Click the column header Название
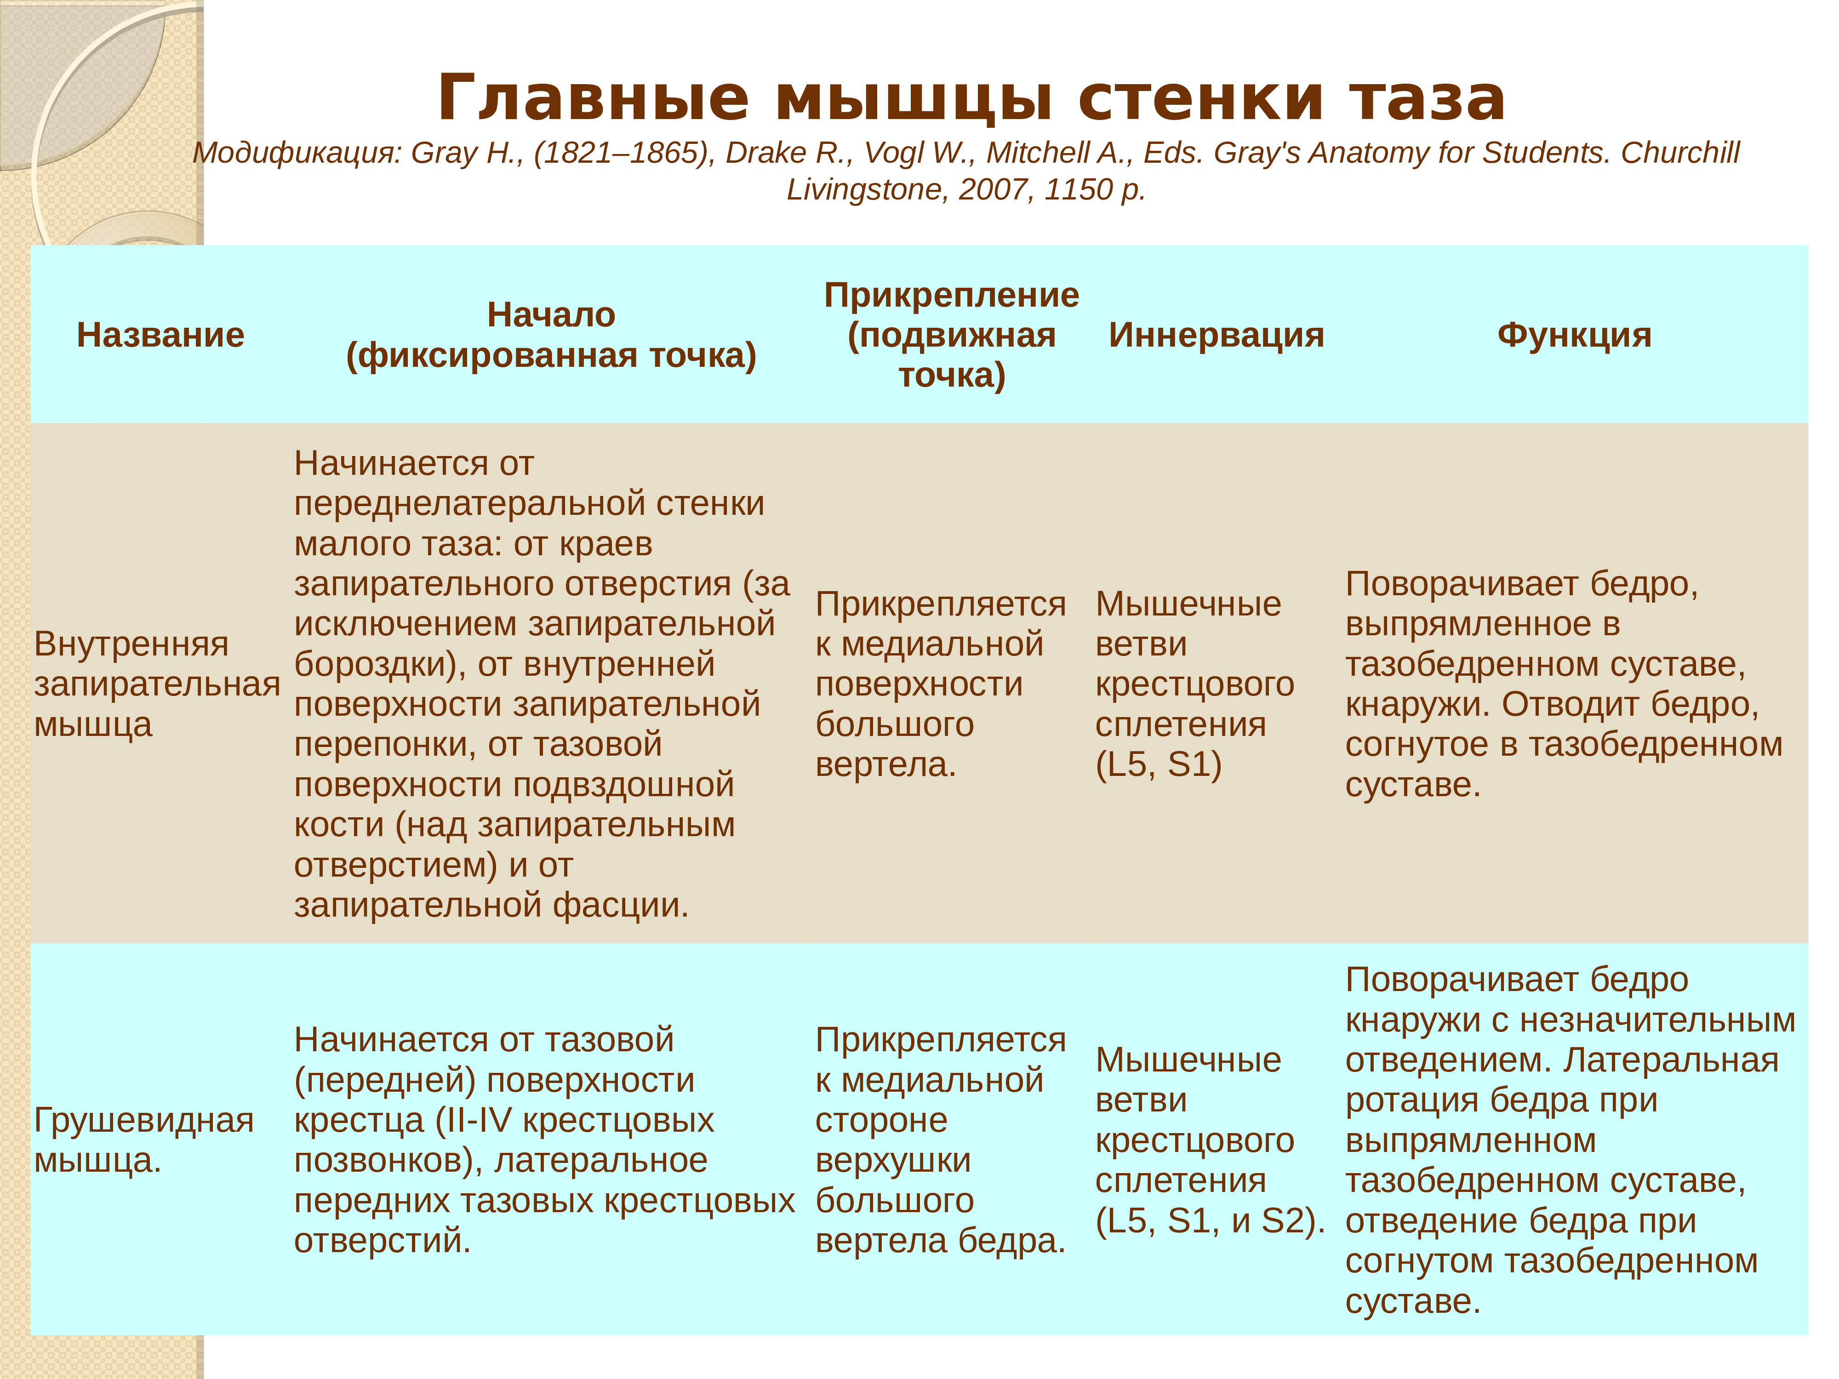click(x=160, y=335)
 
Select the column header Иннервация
click(x=1216, y=335)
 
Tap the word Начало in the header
click(x=551, y=315)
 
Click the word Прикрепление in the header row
click(x=952, y=295)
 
